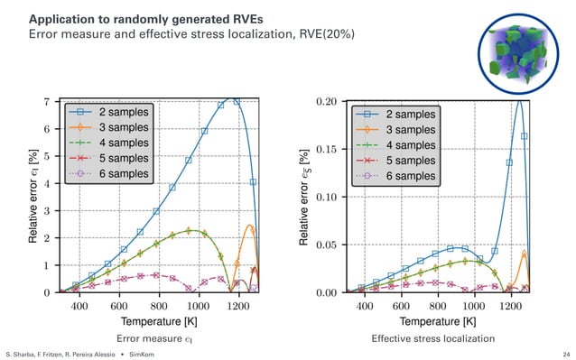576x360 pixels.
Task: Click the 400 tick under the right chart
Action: coord(366,306)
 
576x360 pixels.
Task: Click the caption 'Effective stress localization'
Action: coord(433,338)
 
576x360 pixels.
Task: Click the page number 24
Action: coord(565,354)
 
